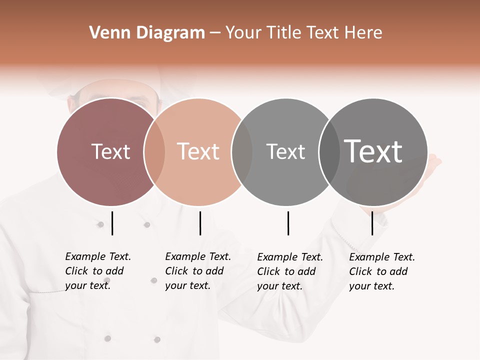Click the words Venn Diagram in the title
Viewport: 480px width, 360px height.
coord(147,33)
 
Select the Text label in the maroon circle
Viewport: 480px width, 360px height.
coord(110,151)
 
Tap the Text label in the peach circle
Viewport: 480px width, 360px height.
coord(198,151)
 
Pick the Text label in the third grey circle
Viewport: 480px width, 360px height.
coord(285,151)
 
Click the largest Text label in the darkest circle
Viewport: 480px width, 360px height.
coord(373,151)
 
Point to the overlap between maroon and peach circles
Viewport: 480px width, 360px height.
coord(154,152)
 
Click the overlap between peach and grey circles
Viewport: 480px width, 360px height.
coord(242,152)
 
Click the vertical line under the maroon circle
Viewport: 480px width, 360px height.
coord(112,223)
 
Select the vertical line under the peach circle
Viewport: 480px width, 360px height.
coord(200,223)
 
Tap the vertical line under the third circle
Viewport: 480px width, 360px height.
coord(288,223)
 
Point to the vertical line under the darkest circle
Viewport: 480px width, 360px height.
coord(372,223)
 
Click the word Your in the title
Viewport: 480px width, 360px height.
coord(244,33)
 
